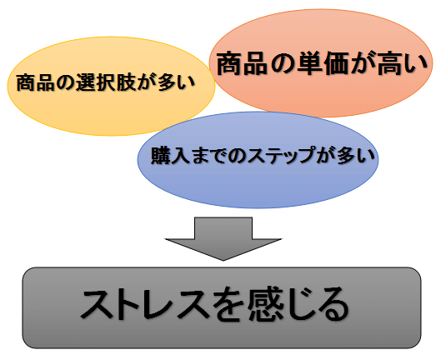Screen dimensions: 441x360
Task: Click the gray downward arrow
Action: click(x=223, y=238)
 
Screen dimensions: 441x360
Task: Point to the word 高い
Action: click(x=402, y=63)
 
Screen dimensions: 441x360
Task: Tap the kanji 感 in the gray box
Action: click(x=264, y=304)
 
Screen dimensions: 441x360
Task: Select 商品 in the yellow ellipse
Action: click(x=36, y=83)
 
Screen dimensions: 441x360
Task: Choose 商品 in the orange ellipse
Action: click(x=242, y=63)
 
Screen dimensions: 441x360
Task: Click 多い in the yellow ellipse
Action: click(x=176, y=83)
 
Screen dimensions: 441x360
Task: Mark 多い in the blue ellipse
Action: click(x=355, y=155)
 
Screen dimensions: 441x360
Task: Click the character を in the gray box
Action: click(x=229, y=304)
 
